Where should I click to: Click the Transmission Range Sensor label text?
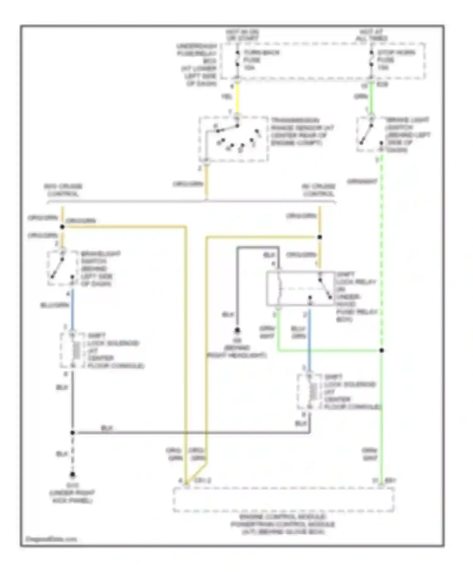(x=302, y=132)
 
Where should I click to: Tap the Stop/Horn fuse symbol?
(x=371, y=60)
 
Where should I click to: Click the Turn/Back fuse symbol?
(x=237, y=60)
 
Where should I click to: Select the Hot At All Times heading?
(x=371, y=35)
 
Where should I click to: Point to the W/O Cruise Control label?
(x=63, y=190)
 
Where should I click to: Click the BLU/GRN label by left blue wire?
(x=55, y=305)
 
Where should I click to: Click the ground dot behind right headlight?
(x=237, y=330)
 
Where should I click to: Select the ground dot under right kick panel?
(x=73, y=475)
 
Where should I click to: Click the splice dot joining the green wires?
(x=382, y=350)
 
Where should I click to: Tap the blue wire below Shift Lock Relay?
(x=309, y=337)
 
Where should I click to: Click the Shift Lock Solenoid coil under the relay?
(x=313, y=392)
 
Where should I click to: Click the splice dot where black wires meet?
(x=73, y=433)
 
